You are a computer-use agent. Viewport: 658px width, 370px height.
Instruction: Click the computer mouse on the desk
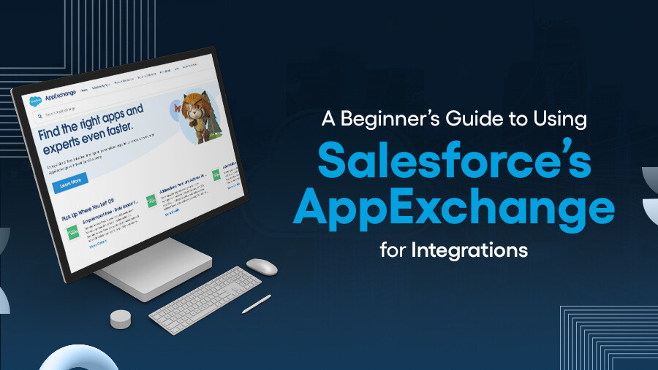pos(261,266)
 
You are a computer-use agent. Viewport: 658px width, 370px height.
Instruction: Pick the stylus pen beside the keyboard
pos(257,304)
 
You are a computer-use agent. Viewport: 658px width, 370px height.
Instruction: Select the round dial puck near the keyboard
pos(121,319)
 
